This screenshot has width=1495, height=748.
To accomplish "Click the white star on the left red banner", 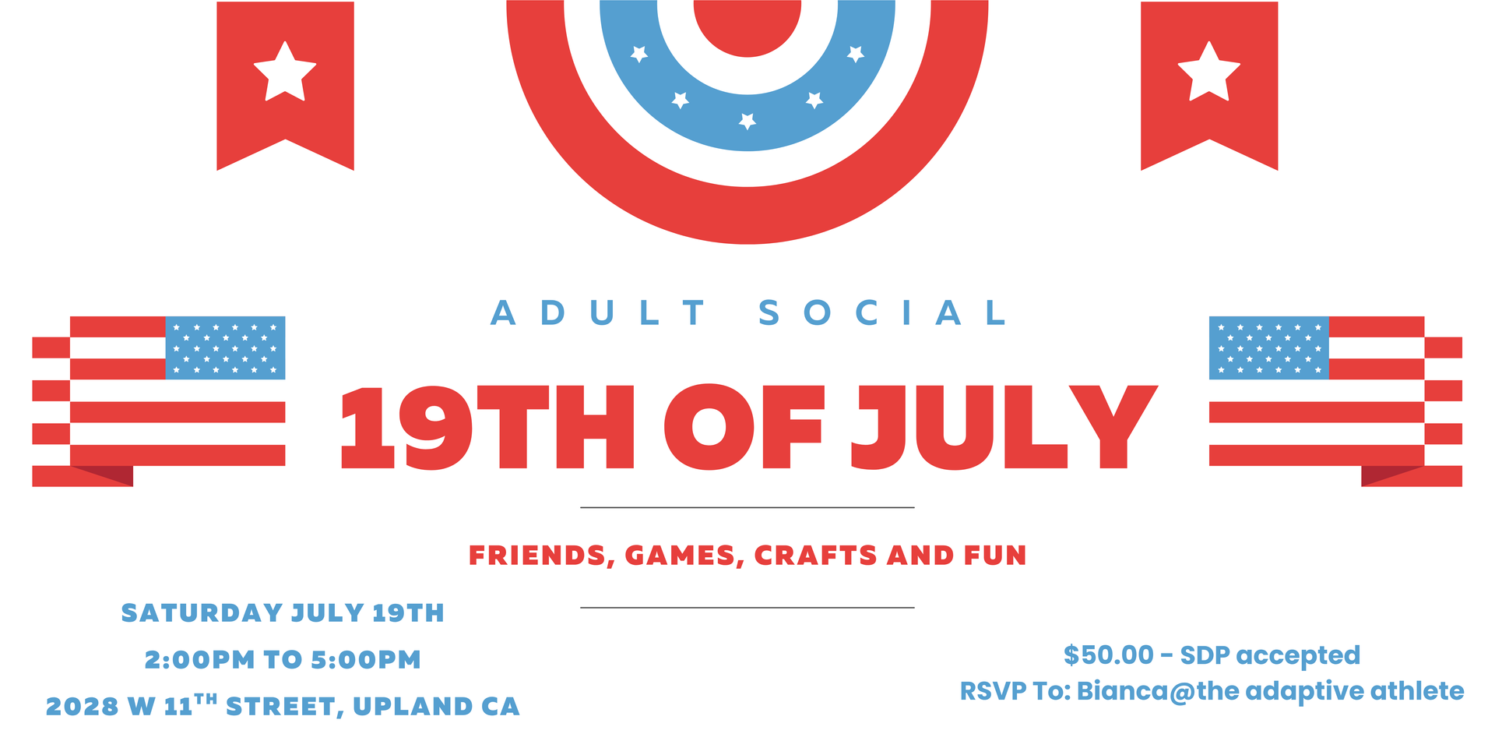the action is coord(285,72).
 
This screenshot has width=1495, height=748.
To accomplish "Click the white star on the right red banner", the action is coord(1208,72).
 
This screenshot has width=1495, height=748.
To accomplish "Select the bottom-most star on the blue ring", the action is coord(747,121).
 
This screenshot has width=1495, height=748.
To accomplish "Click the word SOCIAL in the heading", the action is coord(882,313).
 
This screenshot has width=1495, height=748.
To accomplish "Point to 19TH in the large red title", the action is coord(487,428).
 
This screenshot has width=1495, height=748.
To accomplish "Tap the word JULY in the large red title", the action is coord(1004,428).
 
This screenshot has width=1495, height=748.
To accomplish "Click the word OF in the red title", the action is coord(744,428).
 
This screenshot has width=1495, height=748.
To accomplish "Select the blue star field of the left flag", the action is coord(225,348).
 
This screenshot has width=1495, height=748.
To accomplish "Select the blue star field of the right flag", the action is coord(1269,348).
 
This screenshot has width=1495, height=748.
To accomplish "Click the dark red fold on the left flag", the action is coord(105,475).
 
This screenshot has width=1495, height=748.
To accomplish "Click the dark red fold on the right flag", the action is coord(1390,475).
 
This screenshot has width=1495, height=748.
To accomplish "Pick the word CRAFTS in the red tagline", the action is coord(815,556).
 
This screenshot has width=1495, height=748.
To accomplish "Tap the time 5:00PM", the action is coord(366,660).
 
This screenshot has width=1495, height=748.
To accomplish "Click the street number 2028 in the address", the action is coord(81,707).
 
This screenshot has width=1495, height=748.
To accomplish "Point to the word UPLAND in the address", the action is coord(412,707).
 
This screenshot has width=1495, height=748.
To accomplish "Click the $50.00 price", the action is coord(1109,655).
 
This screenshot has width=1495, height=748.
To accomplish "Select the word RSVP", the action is coord(993,691).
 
